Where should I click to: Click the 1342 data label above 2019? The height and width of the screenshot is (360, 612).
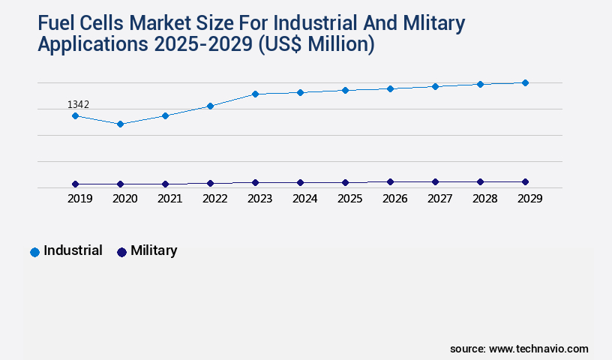coord(78,104)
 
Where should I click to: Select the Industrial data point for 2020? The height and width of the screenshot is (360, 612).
coord(120,124)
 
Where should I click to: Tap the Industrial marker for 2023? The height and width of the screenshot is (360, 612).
coord(255,94)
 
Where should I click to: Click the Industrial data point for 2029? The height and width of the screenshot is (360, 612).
coord(525,82)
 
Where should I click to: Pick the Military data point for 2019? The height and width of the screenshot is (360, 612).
coord(75,184)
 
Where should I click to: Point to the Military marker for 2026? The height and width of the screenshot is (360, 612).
coord(390,181)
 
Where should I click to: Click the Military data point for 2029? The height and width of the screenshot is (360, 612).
coord(525,181)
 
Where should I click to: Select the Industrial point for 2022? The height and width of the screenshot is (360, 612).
coord(210,106)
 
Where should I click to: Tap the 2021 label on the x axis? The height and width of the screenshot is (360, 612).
coord(169,199)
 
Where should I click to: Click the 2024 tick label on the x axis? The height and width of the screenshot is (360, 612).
coord(304,199)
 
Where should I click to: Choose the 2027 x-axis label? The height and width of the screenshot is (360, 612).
coord(439,199)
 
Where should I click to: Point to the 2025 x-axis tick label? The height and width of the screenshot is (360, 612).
coord(349,199)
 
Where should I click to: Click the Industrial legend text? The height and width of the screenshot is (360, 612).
coord(73,250)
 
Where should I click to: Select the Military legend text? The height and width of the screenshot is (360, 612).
coord(154,250)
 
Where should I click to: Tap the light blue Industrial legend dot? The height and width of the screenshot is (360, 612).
coord(34,252)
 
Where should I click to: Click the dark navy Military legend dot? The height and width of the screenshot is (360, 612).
coord(121,252)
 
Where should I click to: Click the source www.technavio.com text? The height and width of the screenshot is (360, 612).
coord(519,349)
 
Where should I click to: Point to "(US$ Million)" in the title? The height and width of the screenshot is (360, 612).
coord(316,44)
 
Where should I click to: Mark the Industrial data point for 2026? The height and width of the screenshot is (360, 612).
coord(390,88)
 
